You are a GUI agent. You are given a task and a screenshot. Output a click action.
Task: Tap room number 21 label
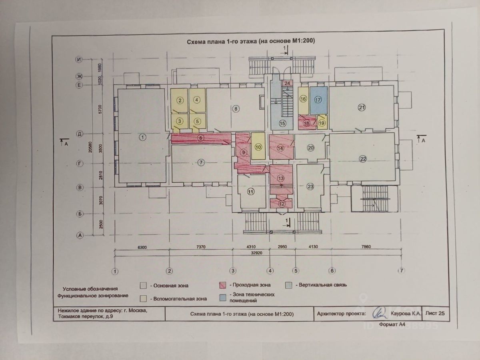pyautogui.click(x=362, y=107)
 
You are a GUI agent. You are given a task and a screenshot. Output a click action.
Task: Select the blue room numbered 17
pyautogui.click(x=318, y=100)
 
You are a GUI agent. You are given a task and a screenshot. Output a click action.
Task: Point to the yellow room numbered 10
pyautogui.click(x=258, y=146)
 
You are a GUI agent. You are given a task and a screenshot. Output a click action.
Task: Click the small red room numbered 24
pyautogui.click(x=287, y=83)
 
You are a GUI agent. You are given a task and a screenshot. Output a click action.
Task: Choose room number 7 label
pyautogui.click(x=201, y=162)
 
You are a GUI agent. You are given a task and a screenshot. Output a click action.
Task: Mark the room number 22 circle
pyautogui.click(x=363, y=159)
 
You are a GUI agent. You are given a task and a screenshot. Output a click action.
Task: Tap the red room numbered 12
pyautogui.click(x=281, y=204)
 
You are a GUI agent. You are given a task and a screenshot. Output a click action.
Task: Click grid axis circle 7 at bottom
pyautogui.click(x=401, y=271)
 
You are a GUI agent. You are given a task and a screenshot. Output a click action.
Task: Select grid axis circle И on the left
pyautogui.click(x=80, y=60)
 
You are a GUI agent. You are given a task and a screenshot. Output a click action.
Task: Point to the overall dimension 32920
pyautogui.click(x=258, y=253)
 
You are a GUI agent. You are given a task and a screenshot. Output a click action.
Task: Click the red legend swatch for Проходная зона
pyautogui.click(x=223, y=285)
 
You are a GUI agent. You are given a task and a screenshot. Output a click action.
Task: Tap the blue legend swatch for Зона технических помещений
pyautogui.click(x=223, y=297)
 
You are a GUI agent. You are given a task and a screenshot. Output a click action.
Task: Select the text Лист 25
pyautogui.click(x=436, y=314)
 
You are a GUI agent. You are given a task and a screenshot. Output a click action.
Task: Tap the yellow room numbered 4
pyautogui.click(x=197, y=100)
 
